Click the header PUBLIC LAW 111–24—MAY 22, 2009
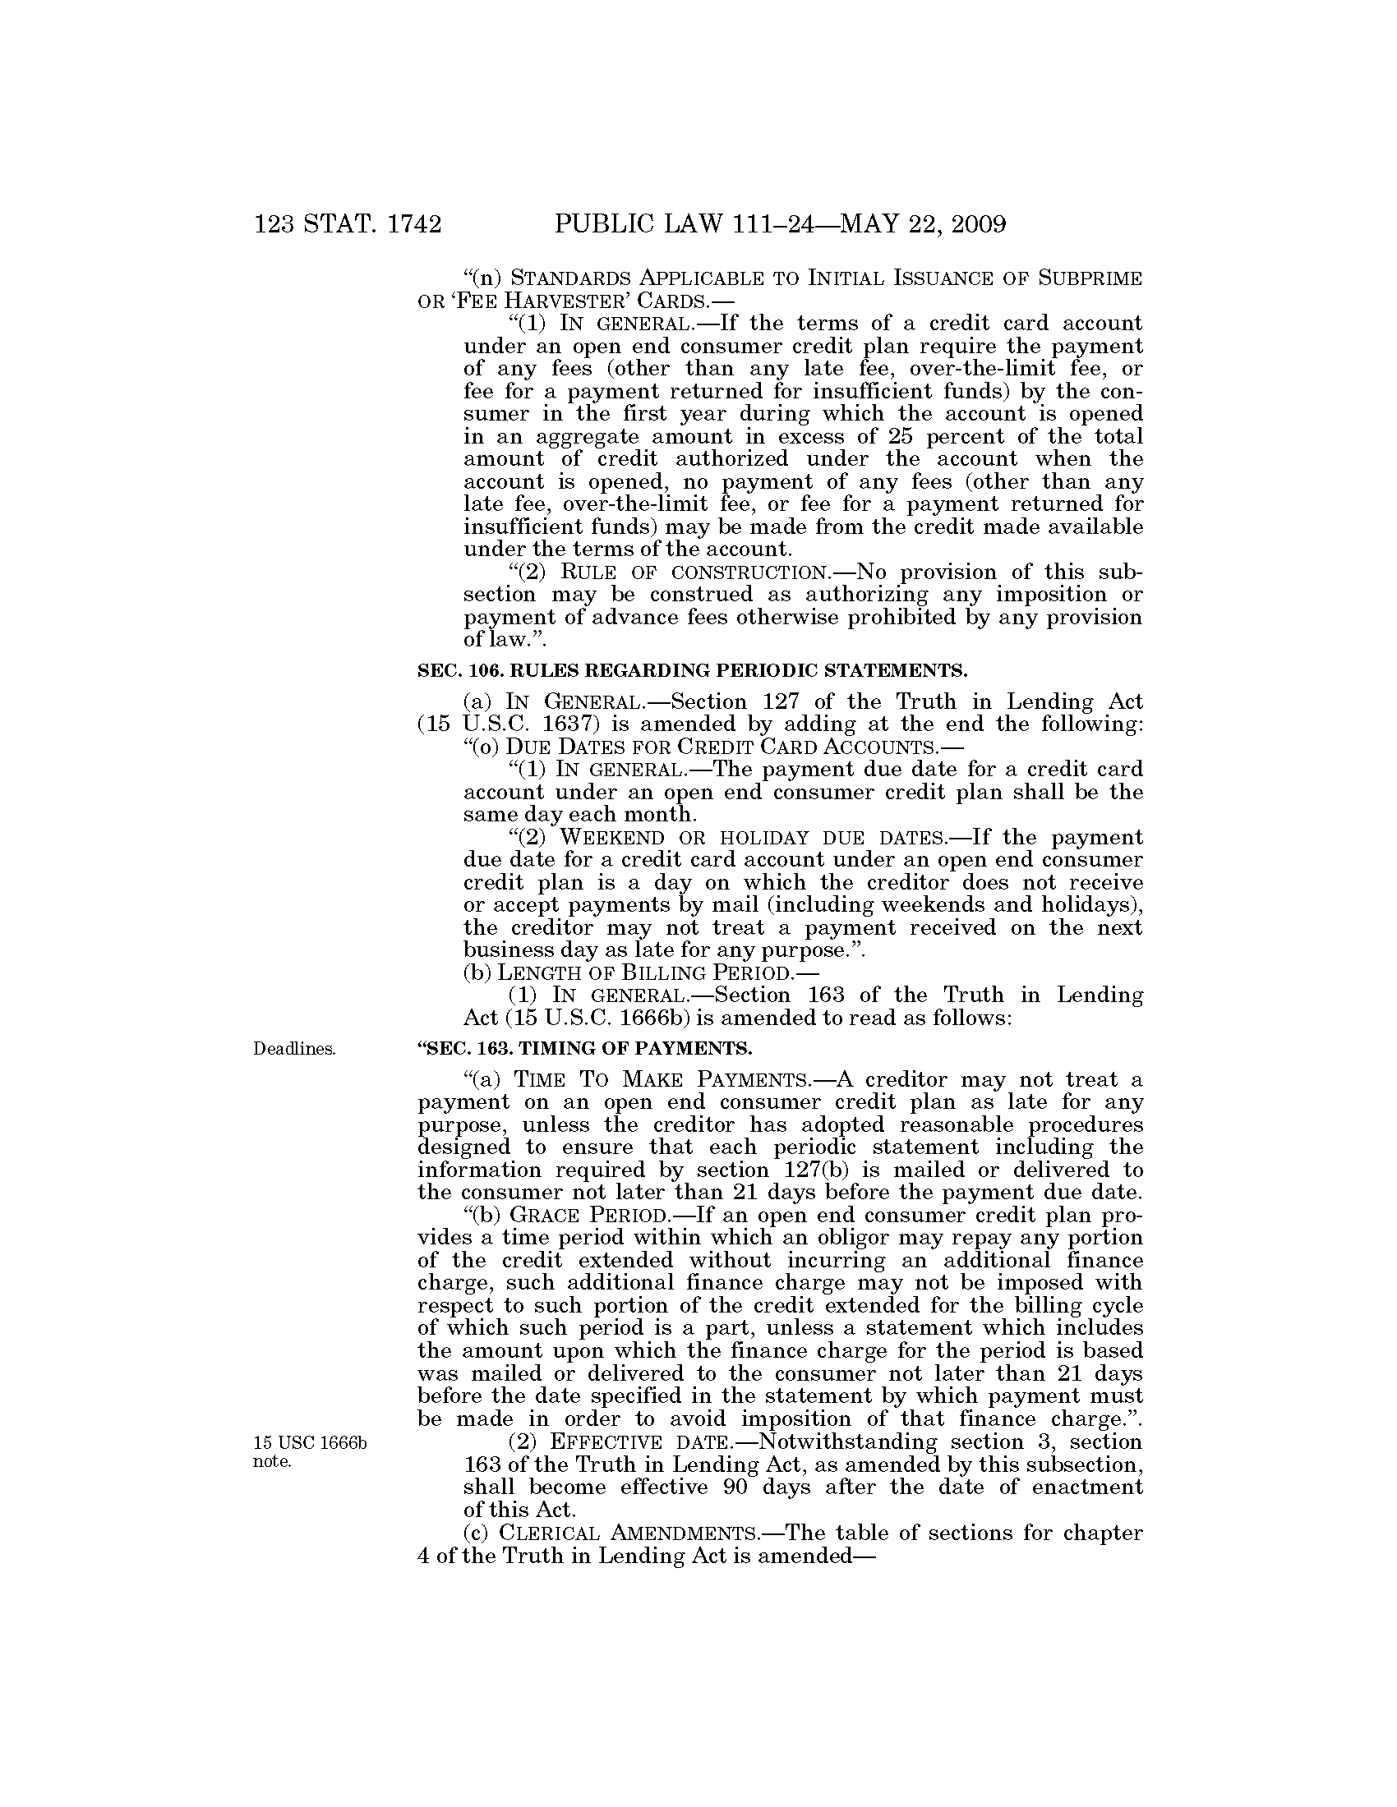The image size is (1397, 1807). pyautogui.click(x=780, y=224)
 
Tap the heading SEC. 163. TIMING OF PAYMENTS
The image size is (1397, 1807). pyautogui.click(x=585, y=1048)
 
